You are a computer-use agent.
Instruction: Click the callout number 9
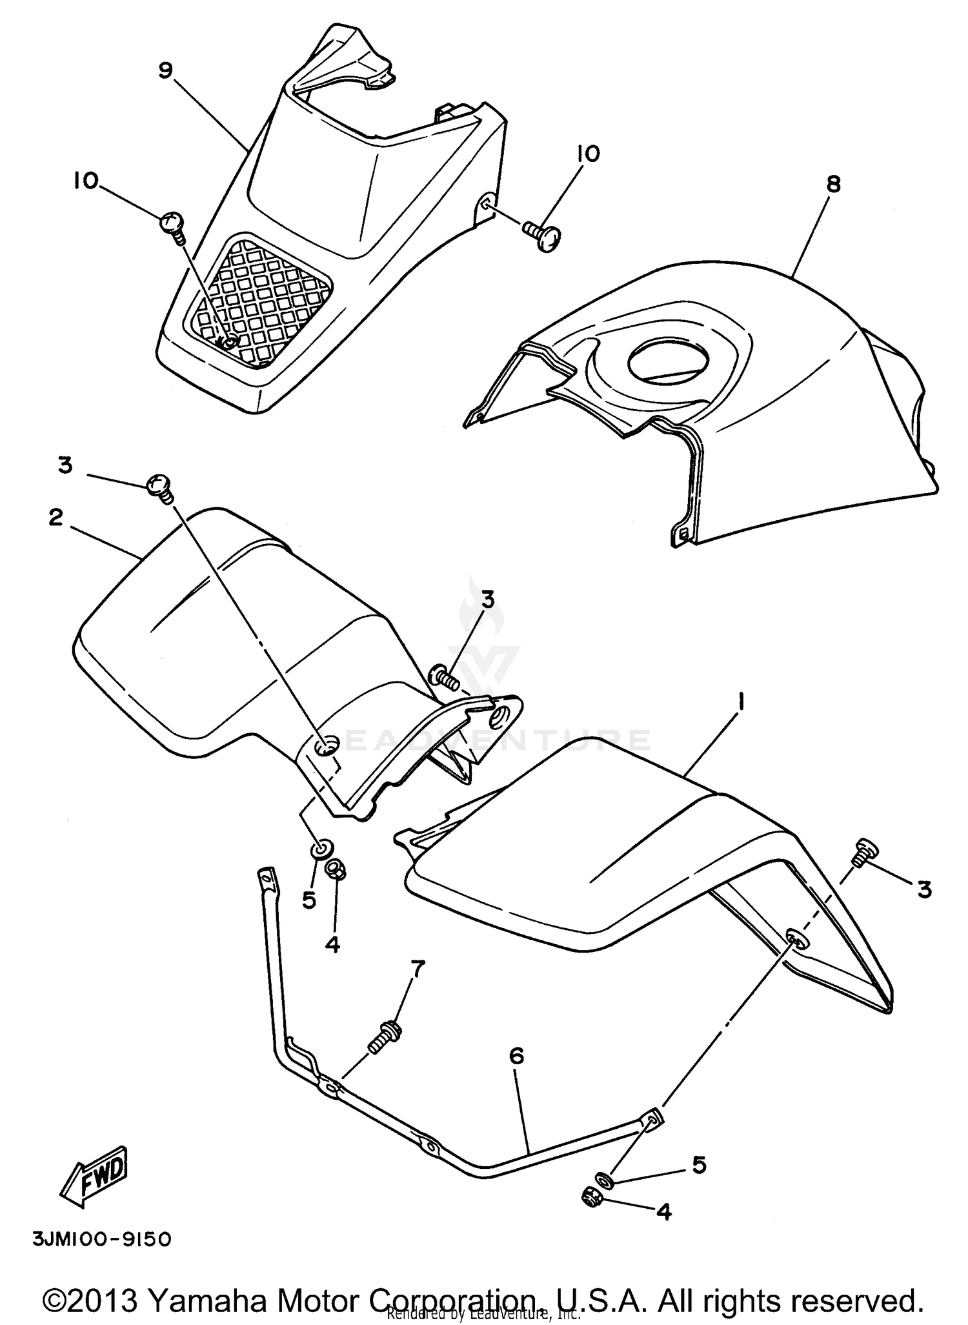pos(166,70)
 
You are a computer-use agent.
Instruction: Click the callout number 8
pos(833,185)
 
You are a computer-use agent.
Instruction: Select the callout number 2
pos(56,517)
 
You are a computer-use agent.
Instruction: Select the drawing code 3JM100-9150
pos(101,1240)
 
